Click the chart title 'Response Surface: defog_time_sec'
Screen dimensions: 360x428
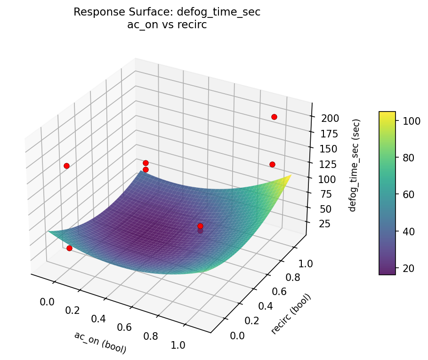point(167,13)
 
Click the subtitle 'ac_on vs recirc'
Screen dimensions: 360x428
point(167,25)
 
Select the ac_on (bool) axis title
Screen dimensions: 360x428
point(100,342)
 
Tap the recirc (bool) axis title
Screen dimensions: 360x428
point(291,314)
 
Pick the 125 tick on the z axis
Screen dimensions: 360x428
point(330,164)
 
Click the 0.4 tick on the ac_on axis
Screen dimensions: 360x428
point(98,319)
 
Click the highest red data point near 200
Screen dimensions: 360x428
point(274,117)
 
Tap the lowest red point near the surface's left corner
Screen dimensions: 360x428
point(69,248)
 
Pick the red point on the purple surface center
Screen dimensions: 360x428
point(200,226)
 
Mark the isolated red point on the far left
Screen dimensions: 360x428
point(66,166)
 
